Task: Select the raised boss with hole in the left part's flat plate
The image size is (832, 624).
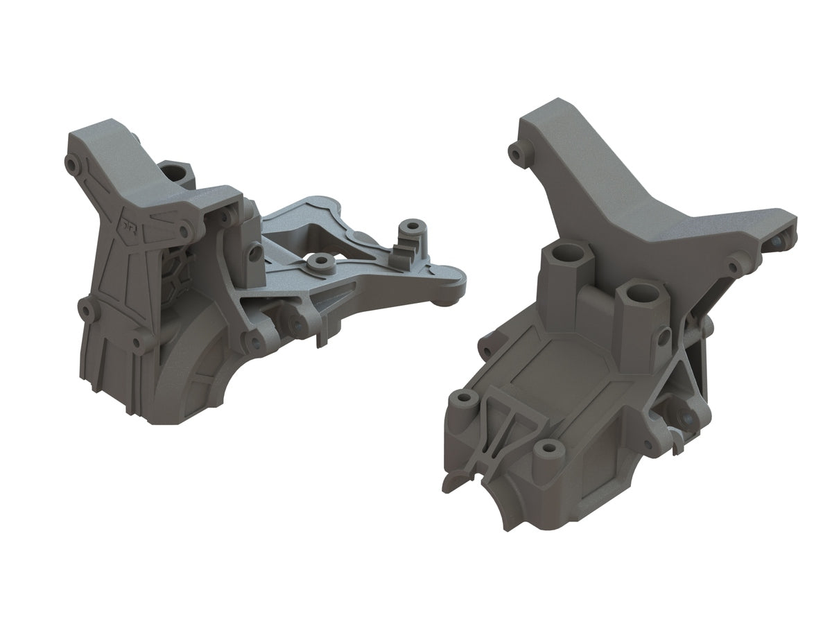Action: [x=320, y=261]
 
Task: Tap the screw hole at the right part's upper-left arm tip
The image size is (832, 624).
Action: [x=515, y=150]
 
